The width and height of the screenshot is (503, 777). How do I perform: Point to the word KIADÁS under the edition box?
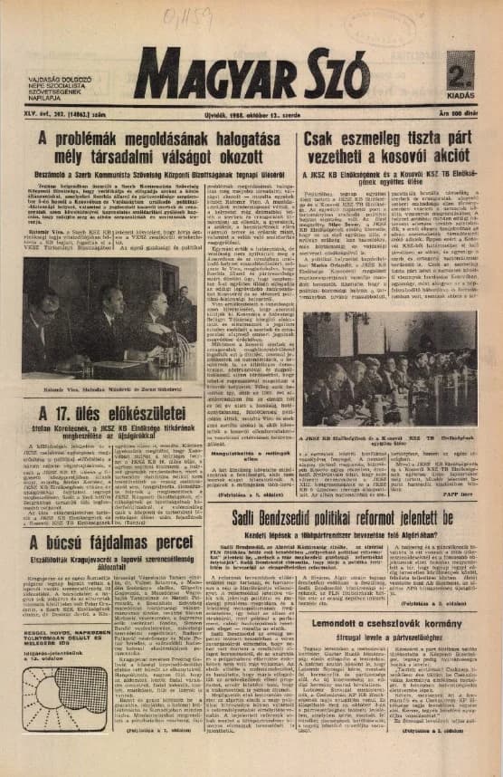click(x=461, y=95)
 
